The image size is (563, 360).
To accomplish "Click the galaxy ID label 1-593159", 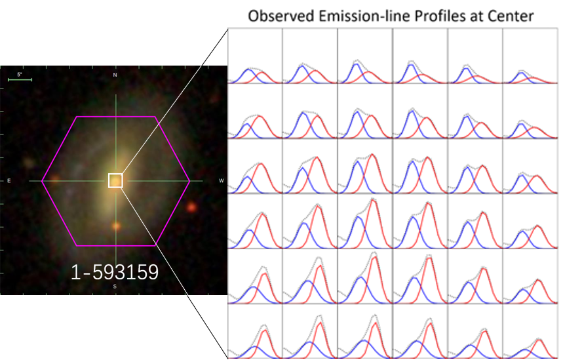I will pyautogui.click(x=115, y=272).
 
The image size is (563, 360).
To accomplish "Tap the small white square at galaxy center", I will pyautogui.click(x=115, y=180).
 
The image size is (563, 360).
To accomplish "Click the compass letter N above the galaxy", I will pyautogui.click(x=115, y=76).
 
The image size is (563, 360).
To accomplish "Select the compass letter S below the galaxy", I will pyautogui.click(x=115, y=287).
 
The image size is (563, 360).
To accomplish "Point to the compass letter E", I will pyautogui.click(x=9, y=180).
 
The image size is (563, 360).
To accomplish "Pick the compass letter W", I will pyautogui.click(x=221, y=180).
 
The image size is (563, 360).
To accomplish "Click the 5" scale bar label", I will pyautogui.click(x=19, y=75).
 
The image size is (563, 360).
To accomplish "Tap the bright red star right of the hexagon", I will pyautogui.click(x=191, y=207).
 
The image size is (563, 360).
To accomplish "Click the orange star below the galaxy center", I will pyautogui.click(x=116, y=226).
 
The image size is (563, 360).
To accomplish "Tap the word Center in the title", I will pyautogui.click(x=513, y=16).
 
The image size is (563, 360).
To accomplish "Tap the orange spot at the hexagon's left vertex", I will pyautogui.click(x=55, y=178).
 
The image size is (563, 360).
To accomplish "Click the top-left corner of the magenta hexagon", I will pyautogui.click(x=77, y=117).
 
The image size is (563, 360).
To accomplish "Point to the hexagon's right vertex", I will pyautogui.click(x=190, y=180).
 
